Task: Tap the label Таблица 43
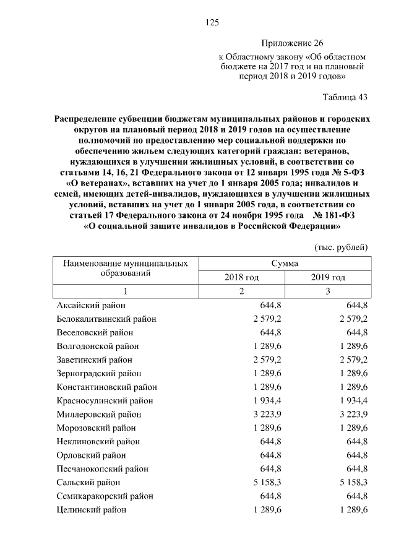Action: (345, 97)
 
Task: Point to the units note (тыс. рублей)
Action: (342, 247)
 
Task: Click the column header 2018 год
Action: (241, 277)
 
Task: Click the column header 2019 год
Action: (328, 277)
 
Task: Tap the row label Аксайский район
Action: (91, 305)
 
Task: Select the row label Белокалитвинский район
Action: (106, 319)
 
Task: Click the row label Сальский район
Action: (88, 482)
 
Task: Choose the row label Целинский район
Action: (92, 509)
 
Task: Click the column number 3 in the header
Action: (328, 291)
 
